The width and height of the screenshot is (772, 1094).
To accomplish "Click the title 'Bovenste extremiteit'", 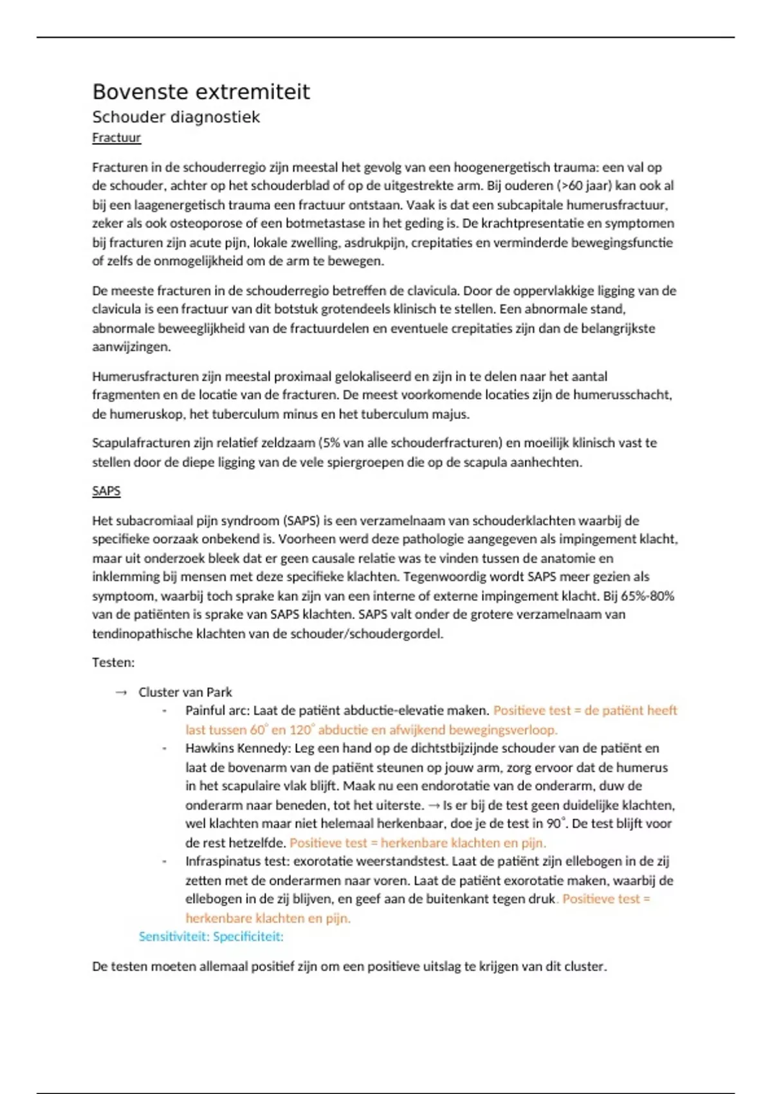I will click(x=201, y=92).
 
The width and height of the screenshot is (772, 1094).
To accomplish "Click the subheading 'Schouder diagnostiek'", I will click(x=176, y=117).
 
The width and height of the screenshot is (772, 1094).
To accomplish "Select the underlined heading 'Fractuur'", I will click(x=116, y=138).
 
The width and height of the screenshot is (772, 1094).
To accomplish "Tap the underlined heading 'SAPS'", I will click(x=106, y=491).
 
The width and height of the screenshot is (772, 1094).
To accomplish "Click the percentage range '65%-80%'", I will click(x=646, y=596).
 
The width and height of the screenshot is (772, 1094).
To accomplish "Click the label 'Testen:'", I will click(x=113, y=663).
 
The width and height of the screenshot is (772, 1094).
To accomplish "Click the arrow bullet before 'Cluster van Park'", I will click(x=121, y=692).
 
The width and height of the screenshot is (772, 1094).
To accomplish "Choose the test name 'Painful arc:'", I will click(x=217, y=711).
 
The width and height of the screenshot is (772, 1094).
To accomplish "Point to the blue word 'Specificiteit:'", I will click(x=248, y=936).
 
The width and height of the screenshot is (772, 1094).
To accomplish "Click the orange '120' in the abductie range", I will click(x=300, y=730).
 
